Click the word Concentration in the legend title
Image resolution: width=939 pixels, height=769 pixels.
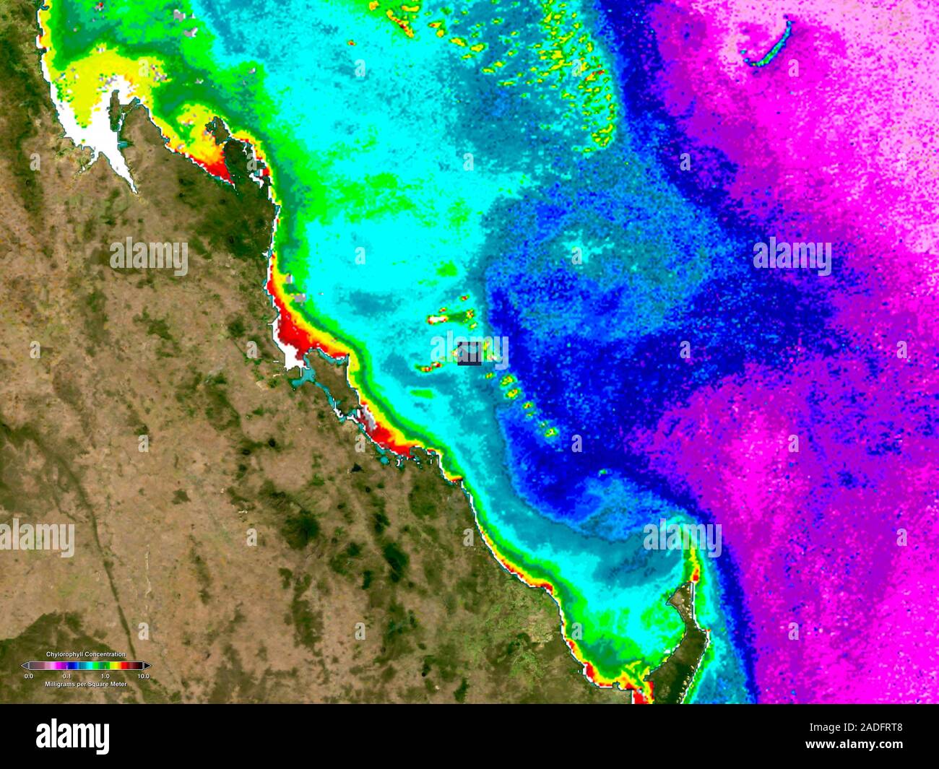pos(105,654)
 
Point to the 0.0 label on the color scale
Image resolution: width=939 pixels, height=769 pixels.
pos(28,677)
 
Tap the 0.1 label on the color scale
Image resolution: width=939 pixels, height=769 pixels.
pos(66,677)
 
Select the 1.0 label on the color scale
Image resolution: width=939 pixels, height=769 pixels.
pos(105,677)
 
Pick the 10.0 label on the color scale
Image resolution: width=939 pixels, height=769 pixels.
pos(143,677)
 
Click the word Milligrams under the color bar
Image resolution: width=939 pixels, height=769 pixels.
pos(60,684)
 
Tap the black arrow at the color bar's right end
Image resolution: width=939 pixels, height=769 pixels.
pos(147,666)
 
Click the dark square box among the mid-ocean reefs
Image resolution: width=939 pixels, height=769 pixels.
pos(469,353)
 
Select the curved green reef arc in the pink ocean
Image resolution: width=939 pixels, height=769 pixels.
pos(770,45)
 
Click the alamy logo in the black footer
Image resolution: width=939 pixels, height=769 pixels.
pos(72,736)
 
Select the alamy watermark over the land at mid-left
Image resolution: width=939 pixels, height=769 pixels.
pos(149,257)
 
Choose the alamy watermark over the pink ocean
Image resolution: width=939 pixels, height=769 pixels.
pos(792,257)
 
